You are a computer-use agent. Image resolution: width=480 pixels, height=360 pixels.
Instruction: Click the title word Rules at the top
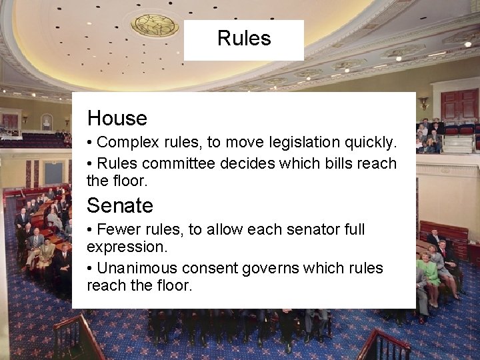(x=244, y=39)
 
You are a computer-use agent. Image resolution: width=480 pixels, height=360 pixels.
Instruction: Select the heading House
(x=117, y=119)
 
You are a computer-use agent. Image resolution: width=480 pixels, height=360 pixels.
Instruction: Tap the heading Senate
(x=120, y=205)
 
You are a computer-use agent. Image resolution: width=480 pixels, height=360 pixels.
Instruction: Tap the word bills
(x=330, y=163)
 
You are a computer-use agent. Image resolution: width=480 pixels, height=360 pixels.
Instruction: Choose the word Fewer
(x=117, y=230)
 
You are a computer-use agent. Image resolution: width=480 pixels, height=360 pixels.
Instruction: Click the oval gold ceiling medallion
(x=155, y=25)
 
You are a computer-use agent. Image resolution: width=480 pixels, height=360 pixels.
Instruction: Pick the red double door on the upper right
(x=459, y=105)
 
